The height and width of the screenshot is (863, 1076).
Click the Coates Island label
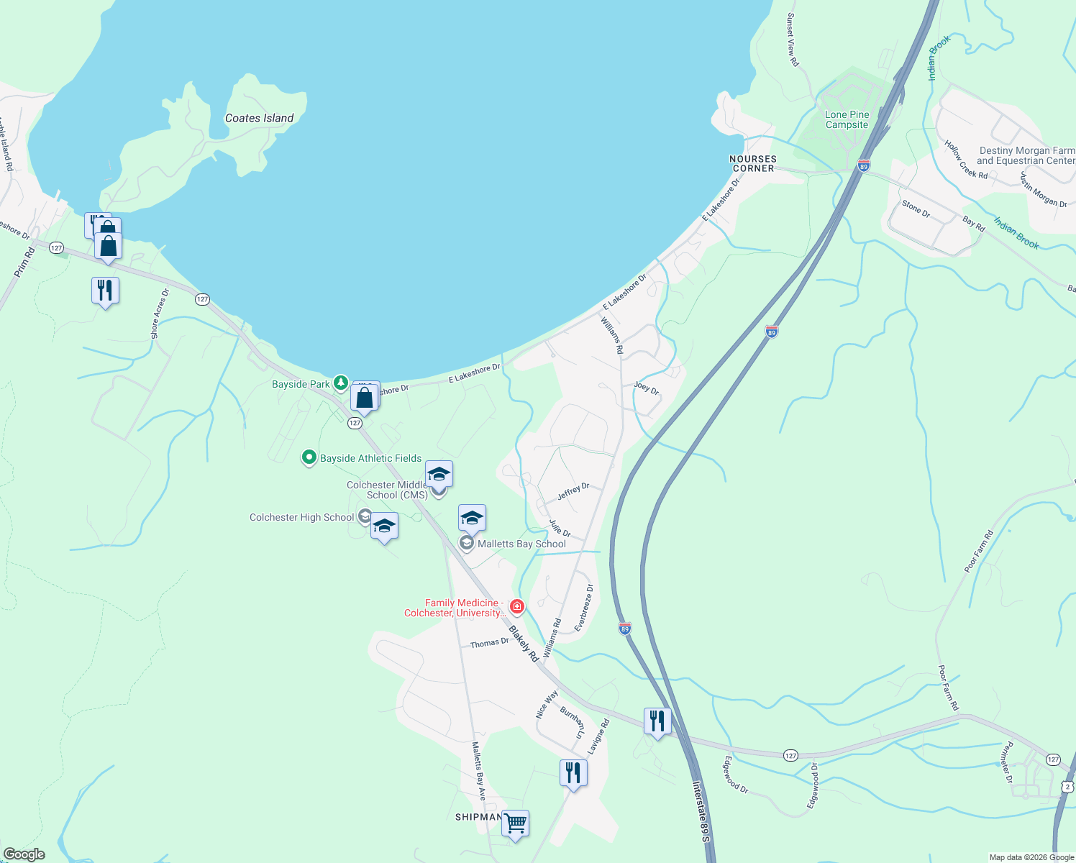pyautogui.click(x=259, y=118)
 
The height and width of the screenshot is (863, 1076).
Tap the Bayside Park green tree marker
pyautogui.click(x=341, y=383)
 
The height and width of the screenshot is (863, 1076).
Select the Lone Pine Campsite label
pyautogui.click(x=847, y=119)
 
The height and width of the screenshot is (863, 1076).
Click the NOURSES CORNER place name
pyautogui.click(x=753, y=163)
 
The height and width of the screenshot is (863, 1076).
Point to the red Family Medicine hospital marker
pyautogui.click(x=516, y=607)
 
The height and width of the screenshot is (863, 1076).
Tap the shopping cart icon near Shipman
pyautogui.click(x=515, y=823)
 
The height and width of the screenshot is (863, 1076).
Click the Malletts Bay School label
pyautogui.click(x=521, y=544)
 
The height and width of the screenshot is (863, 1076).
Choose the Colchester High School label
pyautogui.click(x=301, y=517)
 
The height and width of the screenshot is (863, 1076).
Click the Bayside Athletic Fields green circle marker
pyautogui.click(x=309, y=457)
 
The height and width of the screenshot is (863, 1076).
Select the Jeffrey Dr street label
pyautogui.click(x=573, y=492)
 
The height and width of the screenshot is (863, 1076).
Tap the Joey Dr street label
pyautogui.click(x=646, y=388)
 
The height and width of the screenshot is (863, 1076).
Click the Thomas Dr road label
pyautogui.click(x=489, y=644)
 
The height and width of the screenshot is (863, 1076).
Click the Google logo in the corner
pyautogui.click(x=24, y=854)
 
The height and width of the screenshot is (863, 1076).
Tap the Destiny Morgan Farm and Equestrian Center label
pyautogui.click(x=1026, y=155)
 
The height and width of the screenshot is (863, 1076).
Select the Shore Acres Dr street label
pyautogui.click(x=159, y=314)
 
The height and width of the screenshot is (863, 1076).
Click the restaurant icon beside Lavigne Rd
pyautogui.click(x=573, y=773)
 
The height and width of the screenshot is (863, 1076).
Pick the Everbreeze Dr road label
pyautogui.click(x=584, y=608)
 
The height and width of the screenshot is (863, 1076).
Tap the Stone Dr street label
pyautogui.click(x=916, y=209)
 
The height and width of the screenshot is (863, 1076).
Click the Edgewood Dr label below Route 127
pyautogui.click(x=736, y=775)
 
